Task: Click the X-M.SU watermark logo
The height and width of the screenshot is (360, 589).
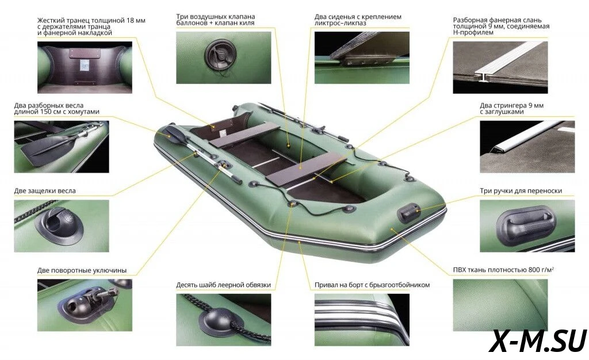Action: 538,341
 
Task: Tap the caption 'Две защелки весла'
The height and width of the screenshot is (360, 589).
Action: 45,191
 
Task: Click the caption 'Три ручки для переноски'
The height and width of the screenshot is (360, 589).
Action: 521,191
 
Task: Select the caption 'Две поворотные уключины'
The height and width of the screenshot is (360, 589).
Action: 82,270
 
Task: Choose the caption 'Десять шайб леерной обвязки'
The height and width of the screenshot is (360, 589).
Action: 224,285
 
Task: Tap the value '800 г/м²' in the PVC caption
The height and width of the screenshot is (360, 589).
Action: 541,270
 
